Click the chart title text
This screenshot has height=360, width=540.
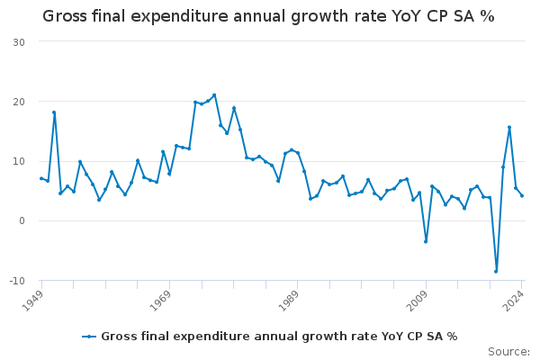coord(268,17)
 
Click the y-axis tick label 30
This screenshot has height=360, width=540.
coord(19,42)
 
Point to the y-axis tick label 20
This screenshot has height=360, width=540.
coord(19,102)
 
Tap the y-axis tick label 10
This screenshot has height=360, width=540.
coord(19,162)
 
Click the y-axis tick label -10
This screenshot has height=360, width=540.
coord(17,281)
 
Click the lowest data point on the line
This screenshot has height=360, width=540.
coord(496,271)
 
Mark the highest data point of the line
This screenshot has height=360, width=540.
coord(214,94)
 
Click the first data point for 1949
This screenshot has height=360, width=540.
coord(41,178)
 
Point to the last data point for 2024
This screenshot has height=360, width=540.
coord(522,195)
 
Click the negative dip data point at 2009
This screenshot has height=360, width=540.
coord(426,241)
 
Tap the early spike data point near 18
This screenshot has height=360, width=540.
coord(54,112)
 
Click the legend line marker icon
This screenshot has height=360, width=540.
coord(89,337)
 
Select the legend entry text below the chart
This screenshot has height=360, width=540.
coord(279,337)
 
